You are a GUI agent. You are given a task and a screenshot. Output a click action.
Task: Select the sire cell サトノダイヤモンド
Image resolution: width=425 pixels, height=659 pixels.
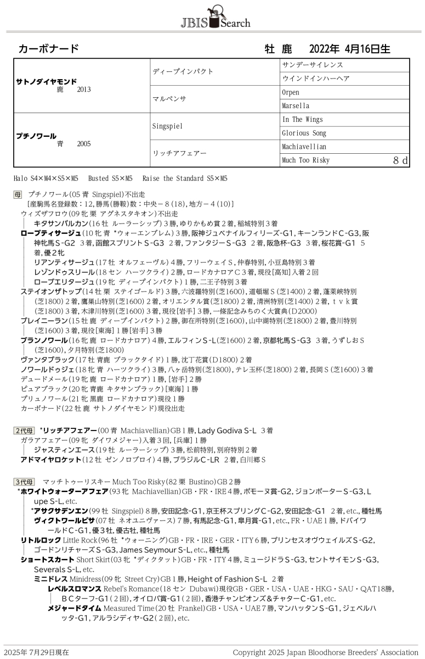pyautogui.click(x=47, y=81)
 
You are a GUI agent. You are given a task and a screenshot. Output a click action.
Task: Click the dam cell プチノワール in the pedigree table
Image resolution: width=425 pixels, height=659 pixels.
pyautogui.click(x=36, y=136)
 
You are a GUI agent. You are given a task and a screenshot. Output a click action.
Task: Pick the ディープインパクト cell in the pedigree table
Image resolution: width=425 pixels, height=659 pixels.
pyautogui.click(x=183, y=71)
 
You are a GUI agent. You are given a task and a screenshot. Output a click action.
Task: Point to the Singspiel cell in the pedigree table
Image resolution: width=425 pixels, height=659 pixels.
pyautogui.click(x=167, y=126)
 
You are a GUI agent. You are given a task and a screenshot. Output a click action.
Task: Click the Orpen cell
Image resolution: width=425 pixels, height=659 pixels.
pyautogui.click(x=291, y=92)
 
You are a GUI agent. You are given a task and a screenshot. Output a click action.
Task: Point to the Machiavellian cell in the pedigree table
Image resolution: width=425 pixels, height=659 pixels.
pyautogui.click(x=304, y=147)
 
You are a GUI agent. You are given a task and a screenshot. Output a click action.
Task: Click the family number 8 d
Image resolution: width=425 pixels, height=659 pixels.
pyautogui.click(x=400, y=160)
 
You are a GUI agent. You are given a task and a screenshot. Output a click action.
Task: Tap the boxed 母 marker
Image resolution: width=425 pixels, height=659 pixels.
pyautogui.click(x=18, y=194)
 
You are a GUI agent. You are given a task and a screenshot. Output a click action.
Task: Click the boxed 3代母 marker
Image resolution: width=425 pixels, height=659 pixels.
pyautogui.click(x=24, y=482)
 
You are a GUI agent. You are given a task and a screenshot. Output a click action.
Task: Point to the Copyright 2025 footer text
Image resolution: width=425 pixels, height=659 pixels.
pyautogui.click(x=325, y=652)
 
